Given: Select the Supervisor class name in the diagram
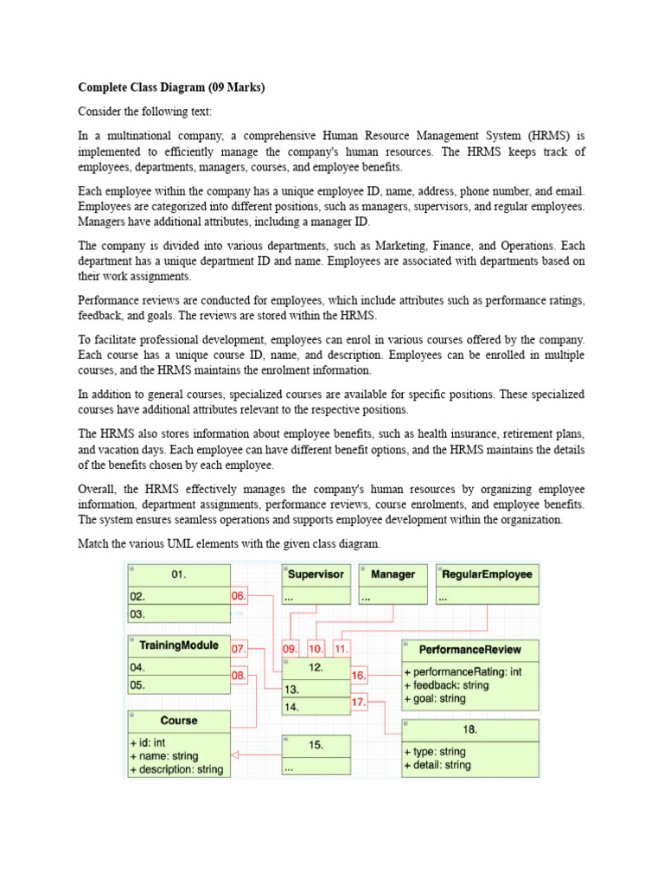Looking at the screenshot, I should [316, 574].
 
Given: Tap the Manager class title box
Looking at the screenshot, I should [393, 574].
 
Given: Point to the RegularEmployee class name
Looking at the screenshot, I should [487, 574].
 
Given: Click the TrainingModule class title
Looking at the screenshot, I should [178, 645].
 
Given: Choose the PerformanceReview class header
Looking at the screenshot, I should [470, 649].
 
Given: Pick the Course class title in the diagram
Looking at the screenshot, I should [179, 720].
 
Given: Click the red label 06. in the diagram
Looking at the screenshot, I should [239, 595].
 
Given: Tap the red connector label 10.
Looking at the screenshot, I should [316, 648].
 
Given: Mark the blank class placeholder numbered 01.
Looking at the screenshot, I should [178, 574].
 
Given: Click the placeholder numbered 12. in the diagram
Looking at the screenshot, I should [316, 667].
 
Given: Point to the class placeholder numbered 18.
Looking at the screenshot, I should [469, 729].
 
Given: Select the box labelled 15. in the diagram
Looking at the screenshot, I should [316, 745].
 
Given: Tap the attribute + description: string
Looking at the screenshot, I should [176, 769].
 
